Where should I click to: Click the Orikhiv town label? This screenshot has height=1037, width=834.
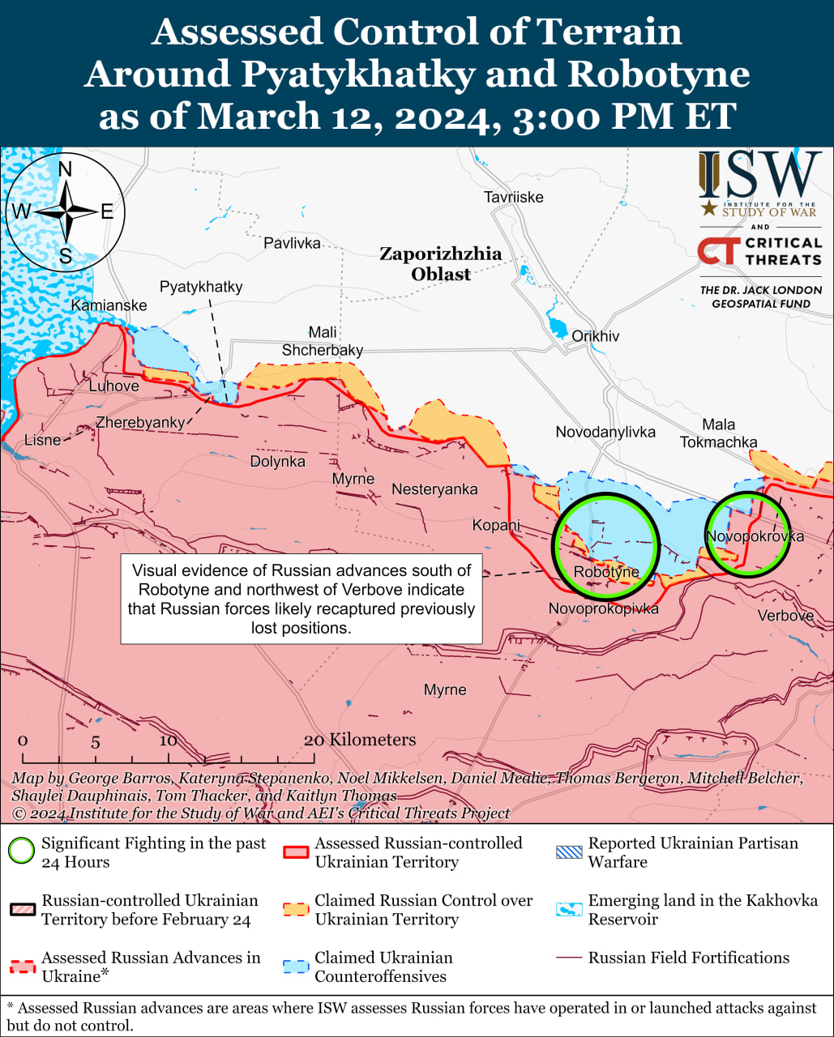(595, 335)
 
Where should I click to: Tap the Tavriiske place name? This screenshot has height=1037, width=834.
(513, 197)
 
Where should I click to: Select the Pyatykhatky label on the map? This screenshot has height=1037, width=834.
(201, 287)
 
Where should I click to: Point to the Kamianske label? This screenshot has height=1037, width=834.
(109, 305)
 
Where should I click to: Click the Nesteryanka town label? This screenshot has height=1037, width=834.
(434, 489)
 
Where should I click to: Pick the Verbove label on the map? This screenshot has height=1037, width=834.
(785, 616)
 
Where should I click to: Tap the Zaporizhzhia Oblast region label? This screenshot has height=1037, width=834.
(441, 264)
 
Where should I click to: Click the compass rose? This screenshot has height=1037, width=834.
(66, 212)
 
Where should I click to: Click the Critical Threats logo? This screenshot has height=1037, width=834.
(759, 251)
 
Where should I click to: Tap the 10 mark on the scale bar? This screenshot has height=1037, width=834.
(169, 741)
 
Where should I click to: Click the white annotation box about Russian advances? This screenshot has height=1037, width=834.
(302, 599)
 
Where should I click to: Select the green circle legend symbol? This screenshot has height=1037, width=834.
(22, 852)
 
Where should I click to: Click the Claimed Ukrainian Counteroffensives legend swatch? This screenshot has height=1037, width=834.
(296, 967)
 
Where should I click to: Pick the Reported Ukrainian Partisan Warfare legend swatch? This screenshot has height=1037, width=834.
(569, 852)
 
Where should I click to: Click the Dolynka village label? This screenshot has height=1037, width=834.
(278, 461)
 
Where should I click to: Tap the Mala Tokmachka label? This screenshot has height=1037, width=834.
(718, 433)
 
